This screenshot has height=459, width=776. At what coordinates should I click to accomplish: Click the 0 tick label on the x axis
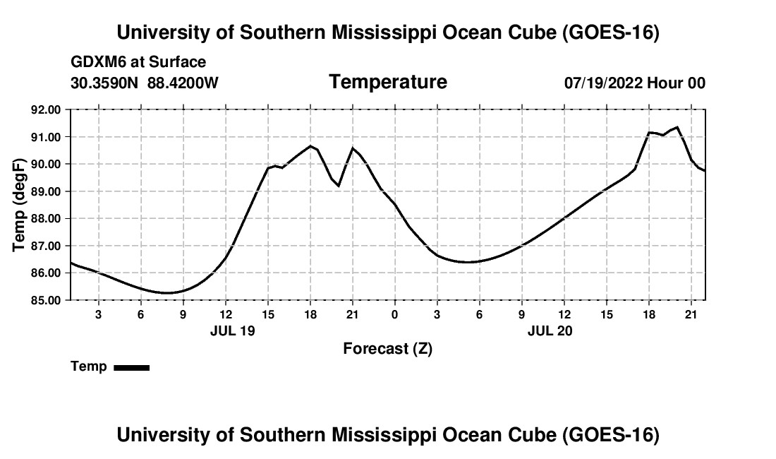click(x=394, y=314)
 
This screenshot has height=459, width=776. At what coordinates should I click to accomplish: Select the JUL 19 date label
click(x=233, y=330)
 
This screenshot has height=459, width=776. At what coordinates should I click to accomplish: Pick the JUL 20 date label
click(x=550, y=330)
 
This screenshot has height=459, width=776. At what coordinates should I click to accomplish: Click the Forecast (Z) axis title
click(x=387, y=349)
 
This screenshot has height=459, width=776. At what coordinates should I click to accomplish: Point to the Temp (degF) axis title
click(x=19, y=205)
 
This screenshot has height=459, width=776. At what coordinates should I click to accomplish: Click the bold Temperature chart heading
click(x=388, y=82)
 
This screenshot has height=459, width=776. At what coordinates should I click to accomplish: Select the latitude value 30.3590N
click(x=104, y=83)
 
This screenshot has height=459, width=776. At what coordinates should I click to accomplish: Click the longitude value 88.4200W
click(x=183, y=83)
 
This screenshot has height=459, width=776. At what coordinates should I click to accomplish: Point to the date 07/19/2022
click(x=603, y=83)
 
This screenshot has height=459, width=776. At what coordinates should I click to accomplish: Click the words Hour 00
click(x=676, y=83)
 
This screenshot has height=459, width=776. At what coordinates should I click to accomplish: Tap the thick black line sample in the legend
click(x=132, y=367)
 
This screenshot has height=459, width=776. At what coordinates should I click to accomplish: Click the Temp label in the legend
click(x=89, y=366)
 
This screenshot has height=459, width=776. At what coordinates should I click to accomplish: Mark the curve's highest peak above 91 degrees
click(x=677, y=127)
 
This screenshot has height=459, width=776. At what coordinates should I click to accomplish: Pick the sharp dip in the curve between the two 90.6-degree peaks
click(x=339, y=185)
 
